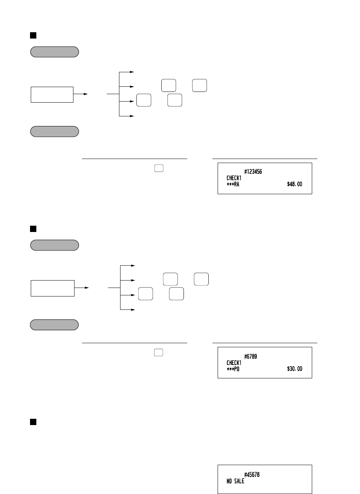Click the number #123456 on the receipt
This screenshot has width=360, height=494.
point(253,172)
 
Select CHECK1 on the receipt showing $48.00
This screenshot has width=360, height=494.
point(234,178)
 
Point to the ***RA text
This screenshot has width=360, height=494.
point(233,184)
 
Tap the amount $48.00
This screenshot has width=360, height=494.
point(294,184)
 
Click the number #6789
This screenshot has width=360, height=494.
point(250,357)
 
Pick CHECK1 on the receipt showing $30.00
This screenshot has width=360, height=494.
point(234,363)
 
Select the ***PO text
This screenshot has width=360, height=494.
point(233,369)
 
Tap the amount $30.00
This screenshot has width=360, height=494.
point(294,369)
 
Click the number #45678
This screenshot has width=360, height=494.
point(252,475)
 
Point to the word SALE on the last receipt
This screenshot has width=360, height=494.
point(240,481)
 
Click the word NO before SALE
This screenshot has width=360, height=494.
point(229,481)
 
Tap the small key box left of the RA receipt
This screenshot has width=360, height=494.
point(159,168)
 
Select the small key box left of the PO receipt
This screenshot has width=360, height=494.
point(159,352)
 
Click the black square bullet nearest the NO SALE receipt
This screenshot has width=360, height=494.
point(33,422)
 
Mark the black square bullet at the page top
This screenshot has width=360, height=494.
point(33,35)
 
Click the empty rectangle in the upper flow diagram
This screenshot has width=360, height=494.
point(52,95)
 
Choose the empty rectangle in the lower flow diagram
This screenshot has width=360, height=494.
point(52,288)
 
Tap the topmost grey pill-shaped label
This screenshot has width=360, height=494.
point(55,52)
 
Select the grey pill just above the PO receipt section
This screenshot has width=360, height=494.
point(55,325)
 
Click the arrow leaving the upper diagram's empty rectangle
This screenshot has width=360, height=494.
point(80,94)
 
